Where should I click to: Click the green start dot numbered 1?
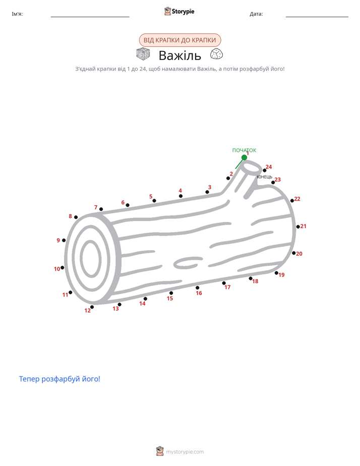click(244, 157)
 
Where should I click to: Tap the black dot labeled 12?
click(92, 307)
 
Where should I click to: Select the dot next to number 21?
click(298, 227)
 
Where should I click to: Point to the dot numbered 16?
click(198, 287)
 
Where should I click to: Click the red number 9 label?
click(58, 241)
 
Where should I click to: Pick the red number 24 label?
click(269, 167)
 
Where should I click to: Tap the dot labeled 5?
click(154, 201)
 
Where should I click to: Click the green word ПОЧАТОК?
click(244, 150)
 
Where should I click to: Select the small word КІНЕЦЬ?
click(264, 177)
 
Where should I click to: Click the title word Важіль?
click(180, 55)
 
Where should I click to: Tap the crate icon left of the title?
click(143, 54)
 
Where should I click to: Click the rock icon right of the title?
click(216, 54)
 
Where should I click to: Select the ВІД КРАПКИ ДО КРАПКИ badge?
click(180, 40)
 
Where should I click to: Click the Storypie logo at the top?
click(179, 11)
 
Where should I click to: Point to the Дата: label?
click(256, 14)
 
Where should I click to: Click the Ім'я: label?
click(17, 14)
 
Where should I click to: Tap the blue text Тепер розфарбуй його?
click(59, 379)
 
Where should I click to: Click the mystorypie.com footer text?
click(185, 452)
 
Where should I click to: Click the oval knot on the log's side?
click(188, 263)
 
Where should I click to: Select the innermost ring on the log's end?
click(91, 258)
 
